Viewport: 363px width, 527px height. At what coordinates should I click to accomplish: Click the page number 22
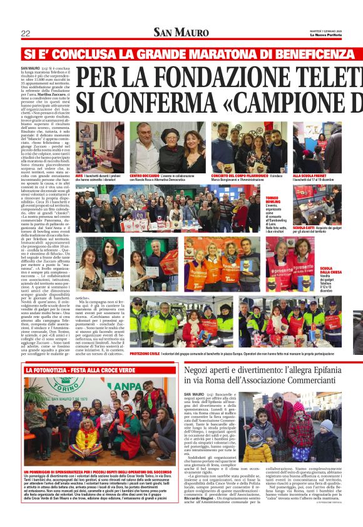26,33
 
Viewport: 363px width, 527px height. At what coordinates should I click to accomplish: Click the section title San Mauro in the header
180,33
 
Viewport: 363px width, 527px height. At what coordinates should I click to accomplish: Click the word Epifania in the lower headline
338,371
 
